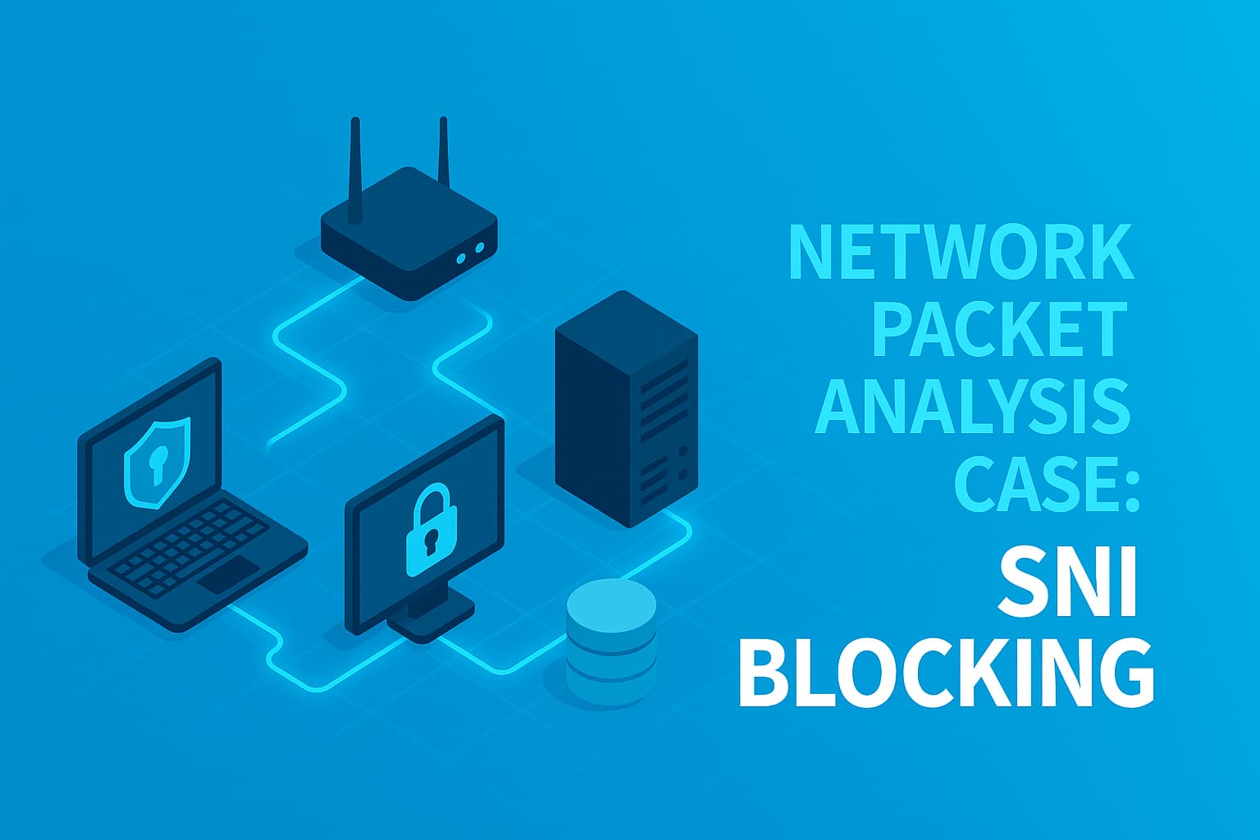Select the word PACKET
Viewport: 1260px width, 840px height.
999,327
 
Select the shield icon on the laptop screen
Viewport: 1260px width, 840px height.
156,463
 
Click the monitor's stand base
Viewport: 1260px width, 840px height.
431,623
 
